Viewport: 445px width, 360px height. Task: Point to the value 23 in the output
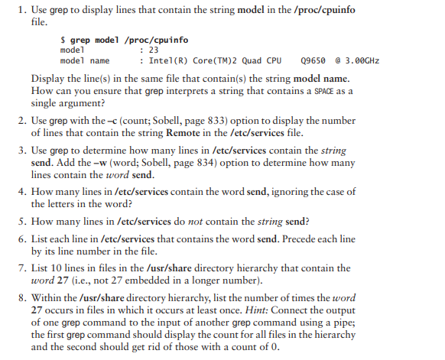pos(154,50)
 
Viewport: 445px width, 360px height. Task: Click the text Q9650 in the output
pos(316,60)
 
